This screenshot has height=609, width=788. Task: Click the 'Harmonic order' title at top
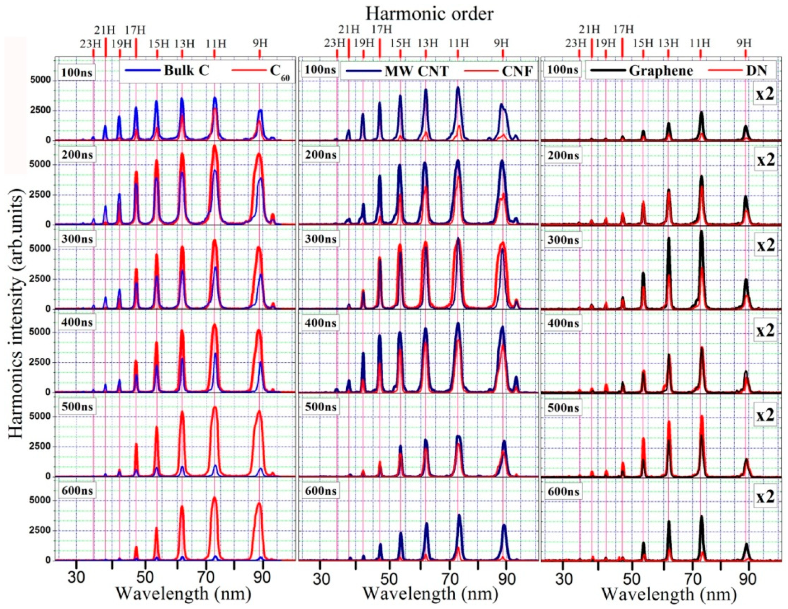429,14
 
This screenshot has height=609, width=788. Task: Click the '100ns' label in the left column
76,72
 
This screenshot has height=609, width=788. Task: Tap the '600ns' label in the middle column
320,491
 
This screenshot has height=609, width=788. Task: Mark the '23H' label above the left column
90,44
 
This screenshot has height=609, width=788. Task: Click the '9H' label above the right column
744,44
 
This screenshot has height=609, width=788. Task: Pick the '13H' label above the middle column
428,44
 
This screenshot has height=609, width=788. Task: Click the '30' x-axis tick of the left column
76,577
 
